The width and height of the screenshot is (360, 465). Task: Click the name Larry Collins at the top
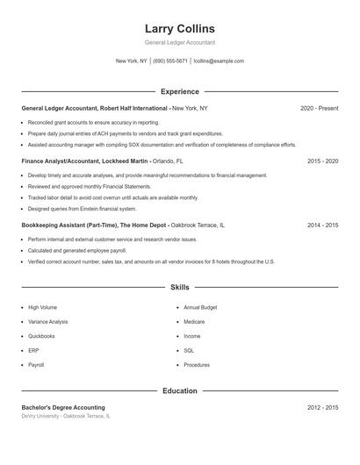[179, 29]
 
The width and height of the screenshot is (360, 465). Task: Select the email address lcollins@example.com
[219, 61]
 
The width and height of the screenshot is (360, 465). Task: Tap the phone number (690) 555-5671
[170, 61]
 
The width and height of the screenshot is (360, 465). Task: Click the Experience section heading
[179, 91]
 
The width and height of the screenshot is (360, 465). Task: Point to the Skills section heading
[179, 287]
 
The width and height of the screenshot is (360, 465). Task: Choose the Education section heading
[179, 391]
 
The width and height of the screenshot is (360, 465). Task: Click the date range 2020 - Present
[319, 108]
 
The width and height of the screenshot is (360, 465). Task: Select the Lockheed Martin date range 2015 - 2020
[322, 161]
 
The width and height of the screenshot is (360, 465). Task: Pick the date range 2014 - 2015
[322, 225]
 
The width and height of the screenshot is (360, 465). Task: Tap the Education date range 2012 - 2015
[322, 408]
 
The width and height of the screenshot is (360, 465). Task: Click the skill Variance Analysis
[47, 322]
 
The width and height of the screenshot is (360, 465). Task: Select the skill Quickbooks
[41, 336]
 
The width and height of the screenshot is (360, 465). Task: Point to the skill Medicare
[195, 322]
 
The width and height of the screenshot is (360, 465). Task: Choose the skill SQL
[189, 350]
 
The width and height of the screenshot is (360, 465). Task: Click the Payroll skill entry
[36, 365]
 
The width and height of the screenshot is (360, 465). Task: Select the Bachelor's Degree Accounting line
[63, 408]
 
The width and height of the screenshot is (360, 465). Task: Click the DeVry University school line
[66, 416]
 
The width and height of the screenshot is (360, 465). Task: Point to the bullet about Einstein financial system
[83, 209]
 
